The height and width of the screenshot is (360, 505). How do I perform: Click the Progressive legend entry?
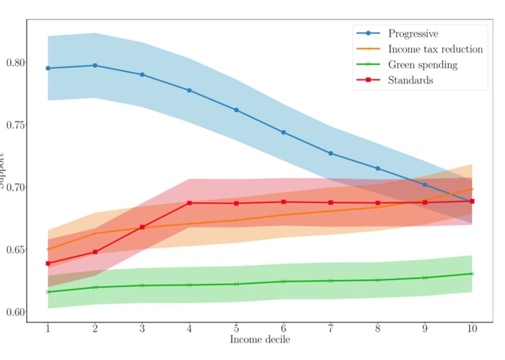(x=413, y=34)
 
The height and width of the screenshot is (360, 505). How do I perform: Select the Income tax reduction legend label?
(x=435, y=49)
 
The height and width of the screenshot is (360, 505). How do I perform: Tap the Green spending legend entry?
(x=423, y=65)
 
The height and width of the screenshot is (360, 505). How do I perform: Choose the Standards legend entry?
(x=410, y=80)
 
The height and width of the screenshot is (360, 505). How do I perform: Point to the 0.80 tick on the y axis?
(x=16, y=63)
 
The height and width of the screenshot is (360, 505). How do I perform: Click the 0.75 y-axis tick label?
(x=16, y=125)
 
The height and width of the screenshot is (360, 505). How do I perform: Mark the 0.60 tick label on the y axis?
(x=16, y=312)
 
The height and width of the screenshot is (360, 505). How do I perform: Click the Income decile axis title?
(x=260, y=340)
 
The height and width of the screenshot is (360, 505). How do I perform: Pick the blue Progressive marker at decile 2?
(x=95, y=66)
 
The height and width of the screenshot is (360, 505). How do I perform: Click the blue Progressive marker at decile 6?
(x=284, y=133)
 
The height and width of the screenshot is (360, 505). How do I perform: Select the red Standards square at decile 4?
(x=189, y=203)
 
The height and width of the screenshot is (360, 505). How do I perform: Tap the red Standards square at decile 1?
(x=48, y=263)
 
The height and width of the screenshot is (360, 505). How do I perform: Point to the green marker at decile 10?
(x=472, y=274)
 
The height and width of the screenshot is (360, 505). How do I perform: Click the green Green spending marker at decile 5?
(x=236, y=284)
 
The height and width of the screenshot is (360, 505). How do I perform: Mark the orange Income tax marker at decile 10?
(x=472, y=189)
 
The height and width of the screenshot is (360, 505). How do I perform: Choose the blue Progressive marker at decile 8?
(x=378, y=169)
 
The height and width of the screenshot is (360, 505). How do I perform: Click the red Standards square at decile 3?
(x=143, y=227)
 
